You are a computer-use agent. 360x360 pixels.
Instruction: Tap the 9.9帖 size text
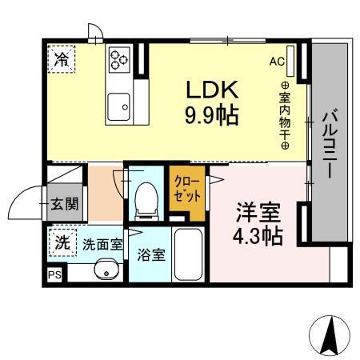coord(210,115)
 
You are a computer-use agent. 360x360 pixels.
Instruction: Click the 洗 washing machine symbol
coord(61,241)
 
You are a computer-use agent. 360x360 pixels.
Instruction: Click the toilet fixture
coord(146,200)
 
